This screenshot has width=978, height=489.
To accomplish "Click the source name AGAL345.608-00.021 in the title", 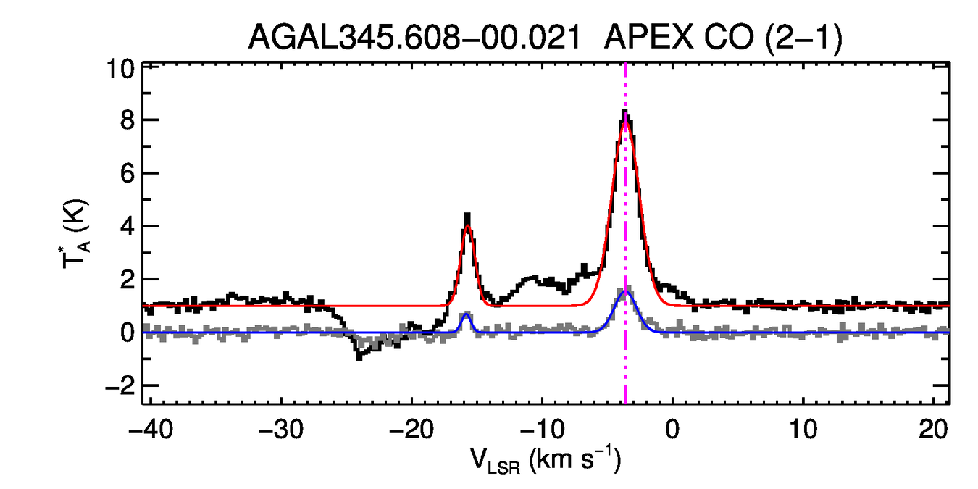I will coord(414,37).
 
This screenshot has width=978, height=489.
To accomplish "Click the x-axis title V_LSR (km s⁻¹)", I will coord(548,459).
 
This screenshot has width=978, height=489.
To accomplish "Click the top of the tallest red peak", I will coord(625,120).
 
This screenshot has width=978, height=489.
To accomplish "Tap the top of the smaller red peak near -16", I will coord(468,225).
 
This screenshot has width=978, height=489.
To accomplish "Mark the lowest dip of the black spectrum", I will coord(358,358).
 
